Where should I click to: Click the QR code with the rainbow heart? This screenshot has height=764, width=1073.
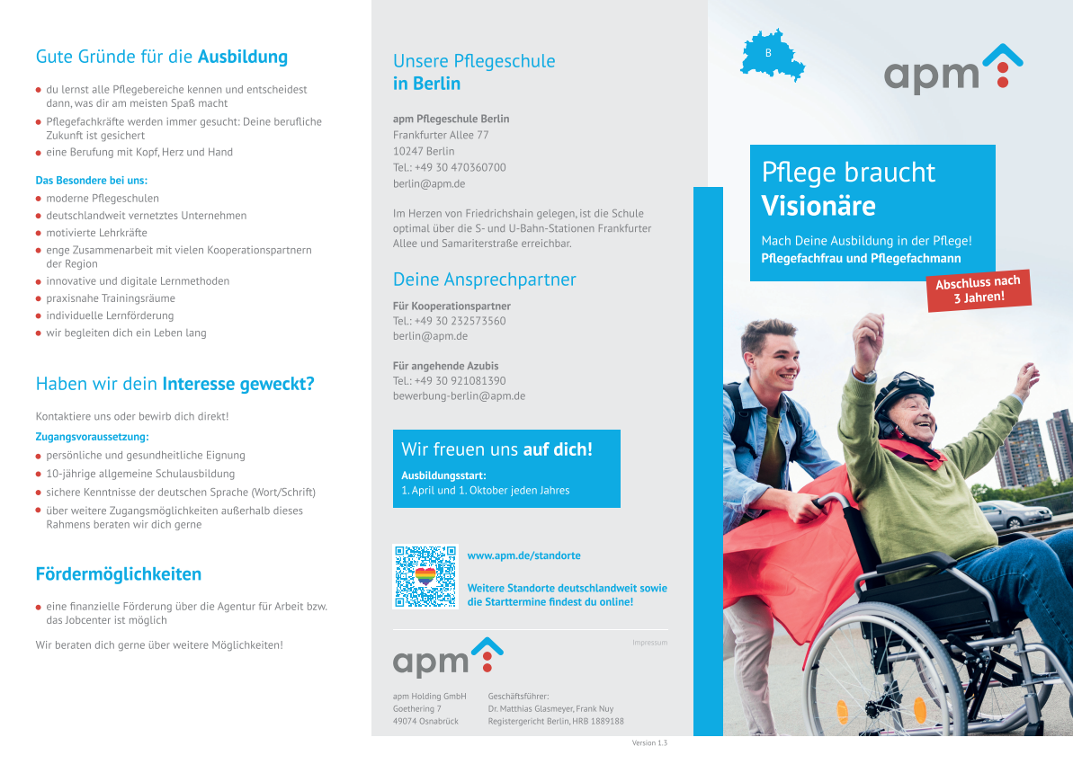click(x=425, y=576)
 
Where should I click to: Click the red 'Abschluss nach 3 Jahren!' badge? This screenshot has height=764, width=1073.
click(x=979, y=290)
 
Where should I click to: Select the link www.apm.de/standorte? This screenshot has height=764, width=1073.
click(x=523, y=555)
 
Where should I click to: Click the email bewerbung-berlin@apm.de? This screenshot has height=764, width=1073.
click(x=460, y=396)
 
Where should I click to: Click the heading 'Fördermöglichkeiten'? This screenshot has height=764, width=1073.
click(x=119, y=573)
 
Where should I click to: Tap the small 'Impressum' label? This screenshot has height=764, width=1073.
click(x=650, y=643)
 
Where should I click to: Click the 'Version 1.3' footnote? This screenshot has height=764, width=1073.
click(x=649, y=742)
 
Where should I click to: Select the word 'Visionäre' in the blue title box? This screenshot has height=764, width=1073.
click(x=818, y=206)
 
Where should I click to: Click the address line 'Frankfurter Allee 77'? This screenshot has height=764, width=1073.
click(x=441, y=135)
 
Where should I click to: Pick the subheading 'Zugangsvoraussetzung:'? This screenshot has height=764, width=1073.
click(x=92, y=436)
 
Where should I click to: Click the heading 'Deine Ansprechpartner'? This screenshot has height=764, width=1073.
click(x=485, y=279)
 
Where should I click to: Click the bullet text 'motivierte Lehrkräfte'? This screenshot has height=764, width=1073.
click(x=96, y=233)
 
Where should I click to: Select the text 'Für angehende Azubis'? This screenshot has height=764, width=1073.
click(x=445, y=366)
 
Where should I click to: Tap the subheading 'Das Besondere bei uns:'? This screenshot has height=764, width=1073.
click(x=92, y=181)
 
